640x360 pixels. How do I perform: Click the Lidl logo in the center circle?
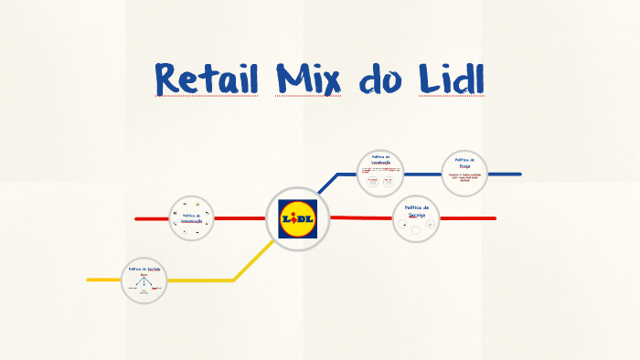point(297,219)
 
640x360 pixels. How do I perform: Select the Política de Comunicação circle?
point(192,219)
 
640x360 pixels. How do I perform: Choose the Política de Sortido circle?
point(144,280)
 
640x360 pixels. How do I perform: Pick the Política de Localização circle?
point(379,173)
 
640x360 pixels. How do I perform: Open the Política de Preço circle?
point(464,173)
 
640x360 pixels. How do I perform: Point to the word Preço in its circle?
point(464,165)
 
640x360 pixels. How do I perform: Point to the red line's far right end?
point(494,218)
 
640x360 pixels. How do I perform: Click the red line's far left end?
point(137,219)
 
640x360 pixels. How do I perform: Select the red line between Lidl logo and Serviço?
point(361,217)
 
